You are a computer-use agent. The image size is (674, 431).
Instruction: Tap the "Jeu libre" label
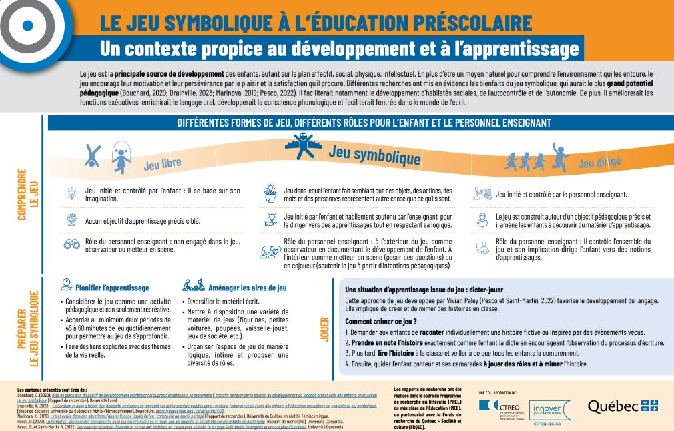tap(163, 163)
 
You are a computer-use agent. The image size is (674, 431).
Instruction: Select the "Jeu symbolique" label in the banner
tap(374, 155)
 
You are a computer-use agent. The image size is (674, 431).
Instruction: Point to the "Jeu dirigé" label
tap(599, 162)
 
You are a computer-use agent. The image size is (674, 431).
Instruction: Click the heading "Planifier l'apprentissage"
tap(111, 288)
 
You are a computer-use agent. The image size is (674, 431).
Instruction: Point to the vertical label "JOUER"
tap(325, 330)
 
